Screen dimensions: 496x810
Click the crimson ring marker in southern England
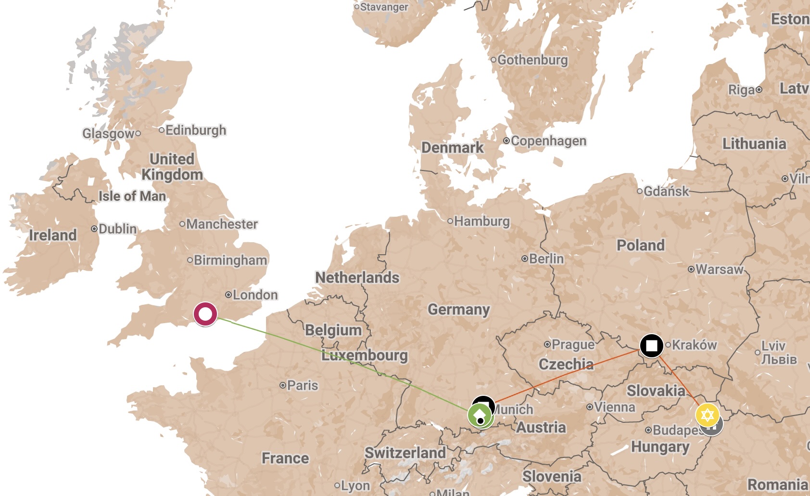click(205, 314)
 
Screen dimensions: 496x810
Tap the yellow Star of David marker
click(707, 415)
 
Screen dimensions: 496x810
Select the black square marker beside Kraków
click(652, 346)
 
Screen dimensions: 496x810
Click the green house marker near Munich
click(480, 415)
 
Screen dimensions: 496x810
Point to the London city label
click(255, 295)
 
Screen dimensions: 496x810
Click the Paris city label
click(302, 385)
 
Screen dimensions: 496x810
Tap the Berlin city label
click(546, 259)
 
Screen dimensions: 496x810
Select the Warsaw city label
click(719, 269)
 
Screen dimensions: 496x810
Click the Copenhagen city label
click(548, 141)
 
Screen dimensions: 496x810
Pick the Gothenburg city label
click(532, 60)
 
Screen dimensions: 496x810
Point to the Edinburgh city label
click(195, 130)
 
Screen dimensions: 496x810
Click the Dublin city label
click(117, 228)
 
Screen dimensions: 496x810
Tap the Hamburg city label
click(481, 221)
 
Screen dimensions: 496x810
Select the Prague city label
click(573, 344)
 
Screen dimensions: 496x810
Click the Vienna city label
click(614, 407)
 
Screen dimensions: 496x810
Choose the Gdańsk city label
click(666, 191)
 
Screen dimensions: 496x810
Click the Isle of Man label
click(132, 196)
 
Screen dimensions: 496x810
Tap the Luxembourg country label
click(365, 355)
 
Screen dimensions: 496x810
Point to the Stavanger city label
click(384, 7)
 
